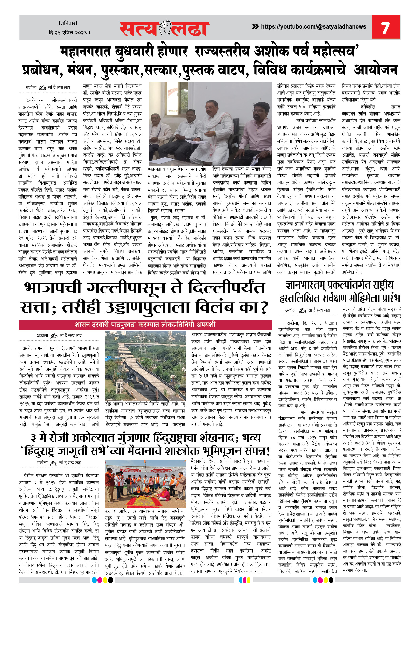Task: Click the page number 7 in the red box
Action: pyautogui.click(x=385, y=27)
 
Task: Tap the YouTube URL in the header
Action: pyautogui.click(x=313, y=27)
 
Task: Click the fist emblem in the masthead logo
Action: pyautogui.click(x=165, y=27)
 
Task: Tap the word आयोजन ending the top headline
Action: pyautogui.click(x=375, y=70)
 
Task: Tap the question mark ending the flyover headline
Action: pyautogui.click(x=262, y=308)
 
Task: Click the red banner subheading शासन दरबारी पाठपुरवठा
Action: pyautogui.click(x=145, y=324)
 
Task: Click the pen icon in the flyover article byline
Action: pyautogui.click(x=54, y=336)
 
